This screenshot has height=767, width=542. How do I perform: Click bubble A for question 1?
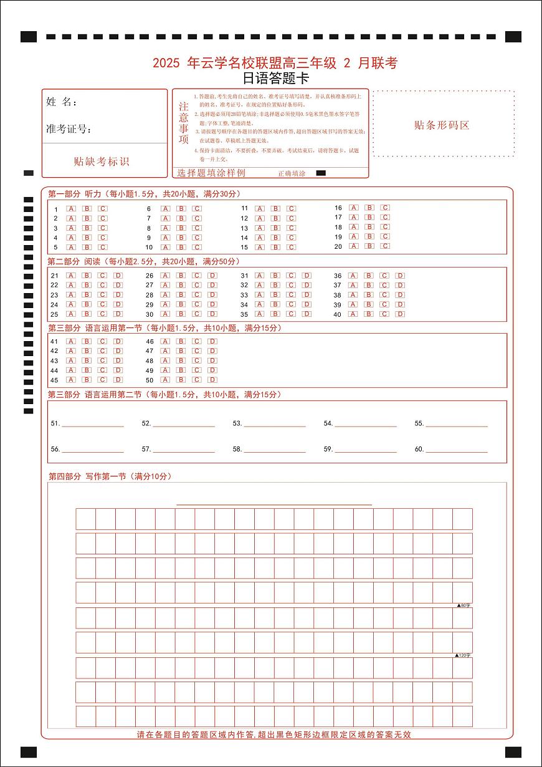(71, 209)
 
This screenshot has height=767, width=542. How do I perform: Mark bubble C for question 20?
(385, 246)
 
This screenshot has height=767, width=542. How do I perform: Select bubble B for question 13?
(275, 228)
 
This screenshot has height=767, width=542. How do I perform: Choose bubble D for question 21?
(118, 276)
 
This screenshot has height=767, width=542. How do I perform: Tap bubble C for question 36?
(385, 276)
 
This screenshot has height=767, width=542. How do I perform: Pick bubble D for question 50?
(212, 380)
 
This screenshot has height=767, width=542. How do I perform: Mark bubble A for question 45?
(71, 380)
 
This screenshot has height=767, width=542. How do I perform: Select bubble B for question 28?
(181, 295)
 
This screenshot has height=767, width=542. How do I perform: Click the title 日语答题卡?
(275, 79)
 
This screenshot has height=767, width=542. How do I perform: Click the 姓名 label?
(61, 102)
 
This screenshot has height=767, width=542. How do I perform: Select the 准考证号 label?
(69, 129)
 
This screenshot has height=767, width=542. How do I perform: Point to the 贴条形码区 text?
(442, 125)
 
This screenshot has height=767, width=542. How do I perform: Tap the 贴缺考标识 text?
(101, 162)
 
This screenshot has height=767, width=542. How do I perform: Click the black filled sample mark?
(321, 173)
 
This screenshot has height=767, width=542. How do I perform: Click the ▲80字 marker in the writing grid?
(464, 605)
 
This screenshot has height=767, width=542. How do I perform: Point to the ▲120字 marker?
(463, 655)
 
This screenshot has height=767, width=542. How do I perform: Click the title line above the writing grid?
(274, 503)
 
